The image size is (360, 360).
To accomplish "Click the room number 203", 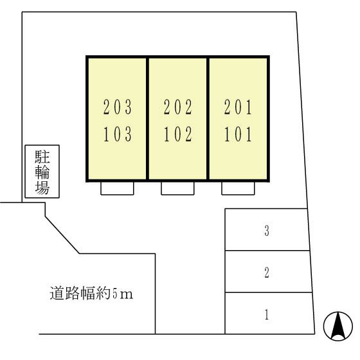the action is [x=118, y=107].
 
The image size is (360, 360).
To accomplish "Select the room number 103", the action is [x=118, y=134].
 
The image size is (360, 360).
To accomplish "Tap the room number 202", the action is [x=178, y=107].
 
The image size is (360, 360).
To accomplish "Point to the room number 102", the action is [x=178, y=134].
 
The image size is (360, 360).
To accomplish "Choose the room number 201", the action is [x=238, y=107].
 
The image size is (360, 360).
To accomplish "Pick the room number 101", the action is [x=238, y=134].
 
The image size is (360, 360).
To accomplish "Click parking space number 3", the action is [x=267, y=231].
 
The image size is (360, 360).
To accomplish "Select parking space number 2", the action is [x=267, y=273].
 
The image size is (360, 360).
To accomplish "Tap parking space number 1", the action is [x=267, y=314].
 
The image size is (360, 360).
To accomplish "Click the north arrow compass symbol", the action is [x=338, y=326].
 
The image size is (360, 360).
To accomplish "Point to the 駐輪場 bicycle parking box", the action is [x=42, y=171].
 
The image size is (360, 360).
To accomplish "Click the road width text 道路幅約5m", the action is [x=91, y=293].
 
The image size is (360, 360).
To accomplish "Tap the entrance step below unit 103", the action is [x=117, y=188].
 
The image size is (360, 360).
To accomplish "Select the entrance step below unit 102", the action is [x=177, y=188].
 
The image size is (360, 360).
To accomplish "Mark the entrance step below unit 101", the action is [x=238, y=188].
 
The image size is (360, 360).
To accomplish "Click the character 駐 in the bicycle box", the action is [x=42, y=157].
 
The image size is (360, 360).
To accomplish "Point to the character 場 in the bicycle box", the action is [x=42, y=188].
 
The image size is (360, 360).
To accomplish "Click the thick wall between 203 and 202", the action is [x=147, y=119].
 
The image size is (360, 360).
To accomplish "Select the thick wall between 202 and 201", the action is [x=208, y=119].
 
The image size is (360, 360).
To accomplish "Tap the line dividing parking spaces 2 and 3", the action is [x=267, y=251].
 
